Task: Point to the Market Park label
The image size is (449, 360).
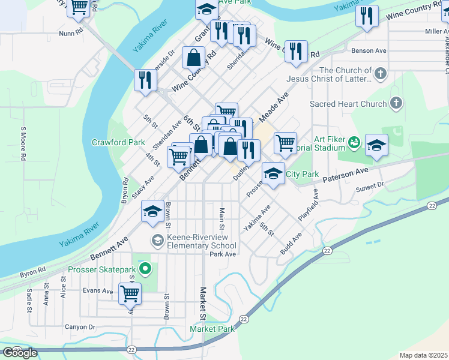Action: click(x=212, y=329)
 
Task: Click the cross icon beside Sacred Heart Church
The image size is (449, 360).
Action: click(x=395, y=104)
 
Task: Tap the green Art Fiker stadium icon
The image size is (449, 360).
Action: click(x=355, y=143)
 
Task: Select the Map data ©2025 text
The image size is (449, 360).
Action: click(x=424, y=355)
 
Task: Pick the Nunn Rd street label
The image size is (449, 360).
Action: click(x=70, y=34)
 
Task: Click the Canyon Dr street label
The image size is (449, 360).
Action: click(x=80, y=327)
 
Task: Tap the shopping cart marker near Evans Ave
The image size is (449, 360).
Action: click(x=130, y=293)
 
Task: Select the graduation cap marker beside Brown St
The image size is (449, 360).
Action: click(x=153, y=211)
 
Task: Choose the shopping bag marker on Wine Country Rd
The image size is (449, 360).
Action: click(x=194, y=58)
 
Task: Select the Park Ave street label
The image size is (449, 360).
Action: click(x=223, y=254)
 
